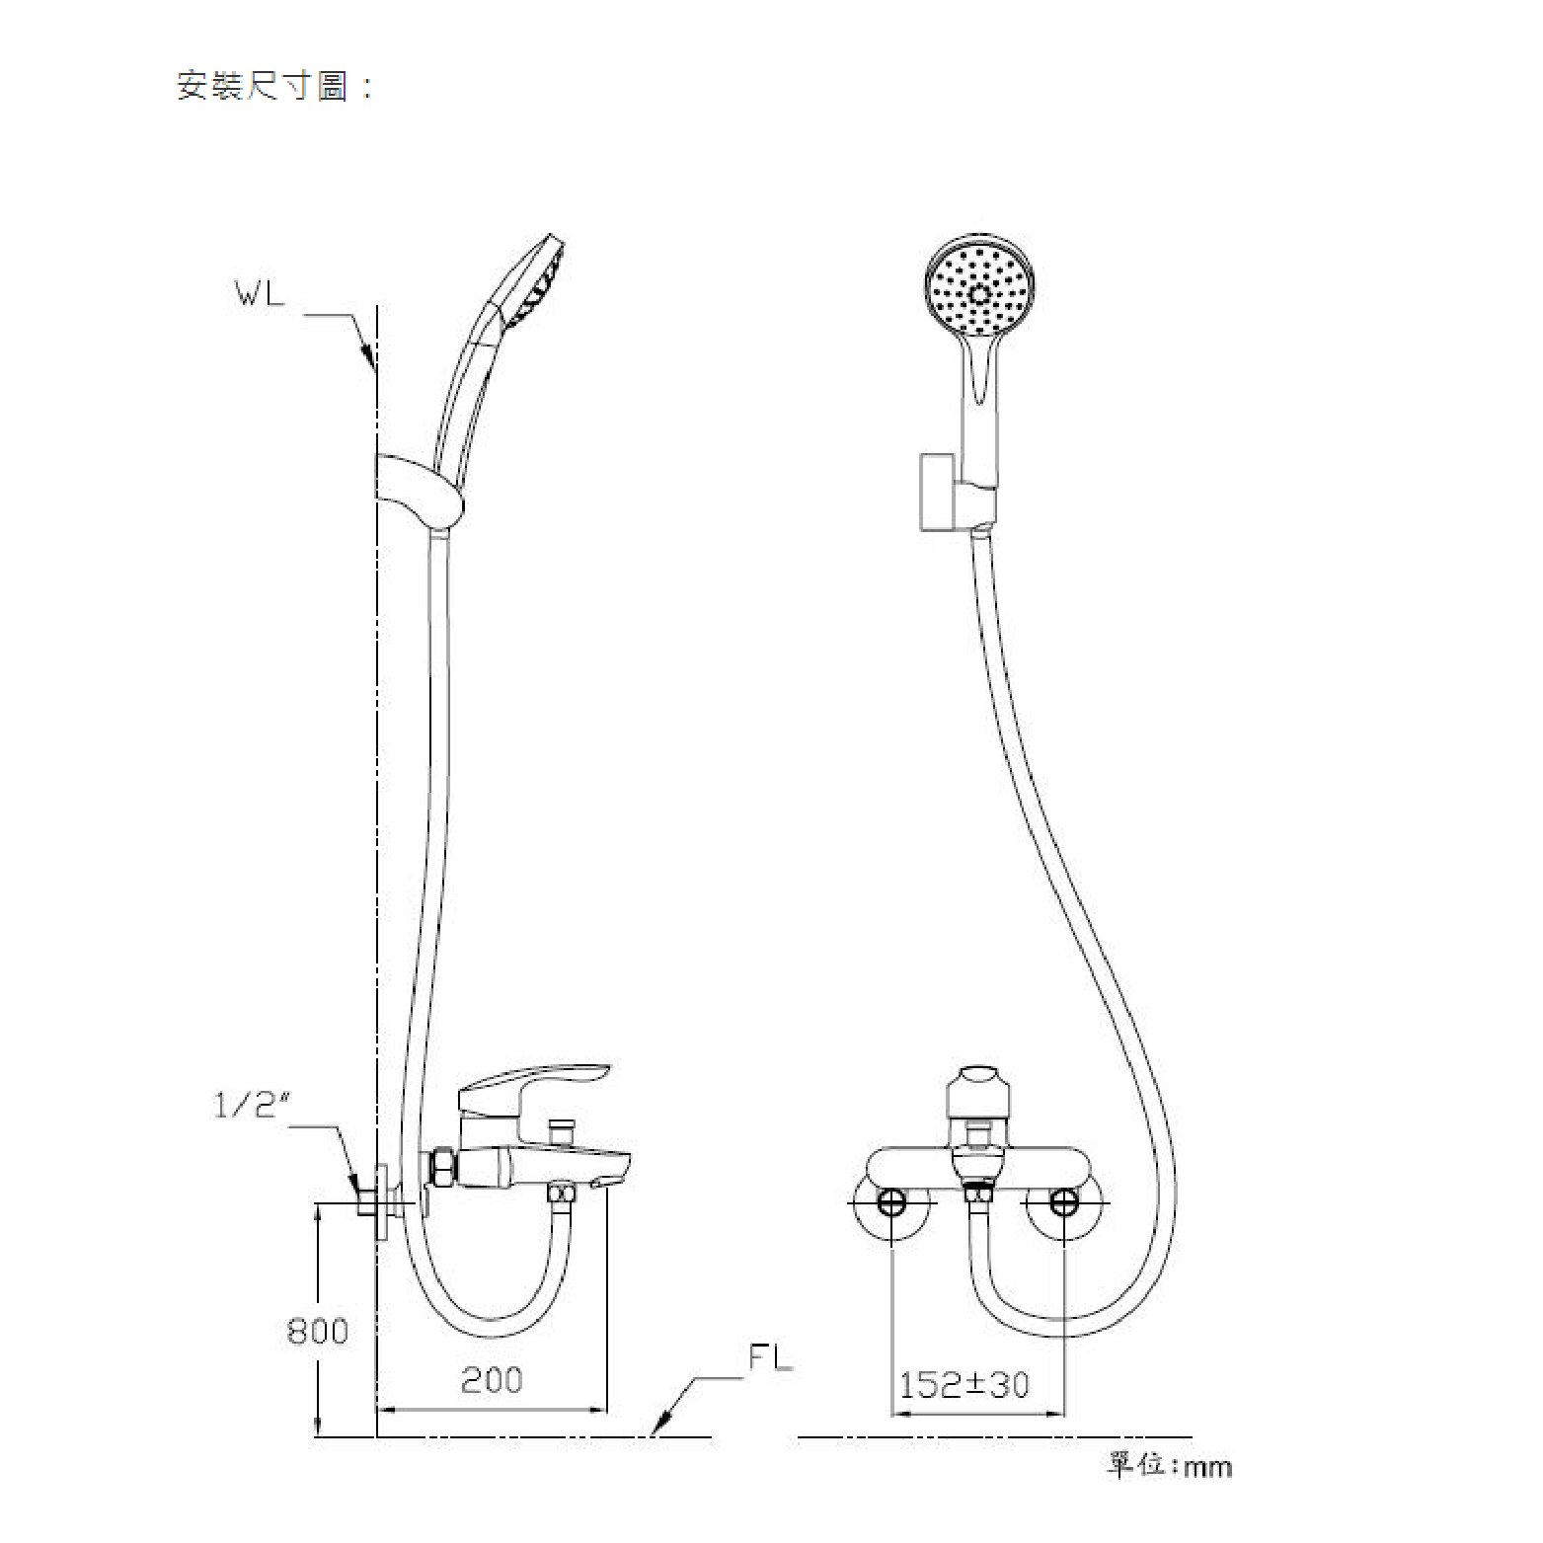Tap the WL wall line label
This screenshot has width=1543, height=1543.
point(259,294)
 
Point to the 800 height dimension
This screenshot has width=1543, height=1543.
point(317,1331)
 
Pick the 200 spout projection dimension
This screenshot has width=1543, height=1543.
point(492,1379)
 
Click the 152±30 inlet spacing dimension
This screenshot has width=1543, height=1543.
point(964,1384)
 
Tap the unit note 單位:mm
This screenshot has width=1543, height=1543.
point(1169,1466)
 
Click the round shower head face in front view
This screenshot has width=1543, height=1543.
point(979,291)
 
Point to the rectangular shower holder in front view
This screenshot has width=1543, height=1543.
point(936,492)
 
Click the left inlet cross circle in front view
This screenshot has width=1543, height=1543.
point(891,1203)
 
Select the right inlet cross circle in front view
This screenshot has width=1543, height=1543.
point(1064,1203)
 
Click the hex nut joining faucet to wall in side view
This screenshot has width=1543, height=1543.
point(441,1168)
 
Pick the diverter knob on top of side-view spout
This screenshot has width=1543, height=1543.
point(564,1126)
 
